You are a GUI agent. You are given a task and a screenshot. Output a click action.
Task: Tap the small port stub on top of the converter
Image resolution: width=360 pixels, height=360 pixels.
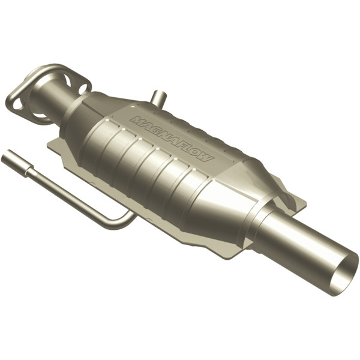click(157, 97)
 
